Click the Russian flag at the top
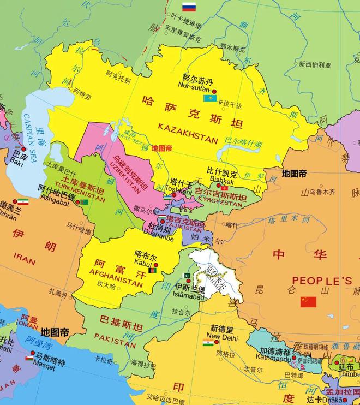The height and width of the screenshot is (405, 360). tap(189, 7)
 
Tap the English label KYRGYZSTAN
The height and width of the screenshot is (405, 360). tap(218, 203)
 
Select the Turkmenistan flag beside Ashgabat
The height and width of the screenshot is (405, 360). tap(84, 202)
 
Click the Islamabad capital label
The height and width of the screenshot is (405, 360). tap(188, 296)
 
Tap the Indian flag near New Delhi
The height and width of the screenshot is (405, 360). tap(208, 343)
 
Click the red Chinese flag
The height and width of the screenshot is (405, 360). tap(308, 301)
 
